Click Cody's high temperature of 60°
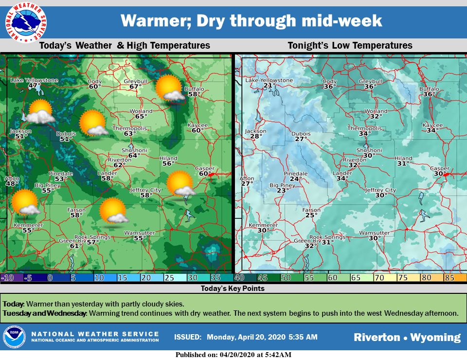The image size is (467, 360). point(95,87)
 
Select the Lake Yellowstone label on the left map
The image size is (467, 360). point(35,80)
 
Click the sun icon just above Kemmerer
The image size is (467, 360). point(25,202)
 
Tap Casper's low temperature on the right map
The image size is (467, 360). point(440,174)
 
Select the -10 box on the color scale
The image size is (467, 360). point(8,278)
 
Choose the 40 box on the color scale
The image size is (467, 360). point(239,278)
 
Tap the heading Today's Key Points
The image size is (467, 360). point(233,288)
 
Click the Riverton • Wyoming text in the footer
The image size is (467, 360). point(407,337)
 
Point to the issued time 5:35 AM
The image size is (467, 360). point(304,337)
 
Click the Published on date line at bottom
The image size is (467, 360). point(233,355)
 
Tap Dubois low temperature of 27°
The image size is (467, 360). point(301,139)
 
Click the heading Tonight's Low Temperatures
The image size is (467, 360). point(350,45)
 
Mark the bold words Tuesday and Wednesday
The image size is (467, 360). point(44,313)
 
